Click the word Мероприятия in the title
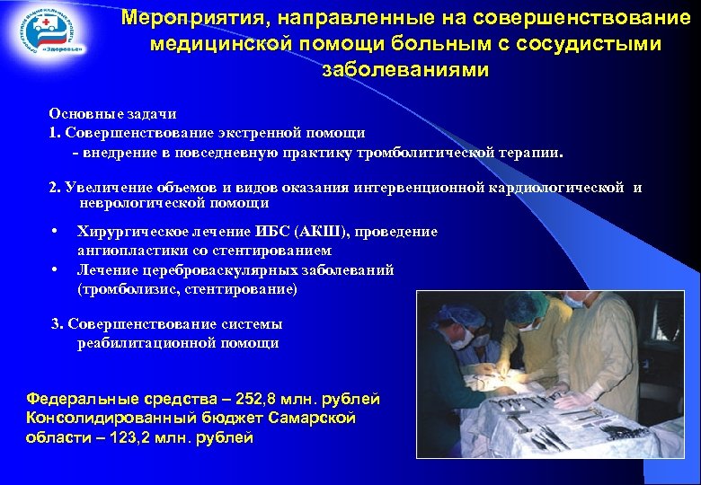[199, 18]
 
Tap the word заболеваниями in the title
[405, 70]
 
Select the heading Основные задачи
[112, 114]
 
